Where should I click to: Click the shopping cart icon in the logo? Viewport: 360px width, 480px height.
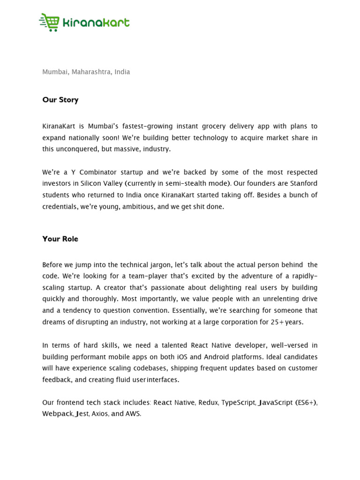point(50,22)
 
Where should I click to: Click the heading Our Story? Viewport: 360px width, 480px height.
point(60,99)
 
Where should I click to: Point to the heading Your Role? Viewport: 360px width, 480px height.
point(60,239)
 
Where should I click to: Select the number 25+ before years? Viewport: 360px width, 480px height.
point(278,322)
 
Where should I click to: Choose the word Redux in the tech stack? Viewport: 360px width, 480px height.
point(208,402)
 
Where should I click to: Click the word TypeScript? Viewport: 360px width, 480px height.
point(239,402)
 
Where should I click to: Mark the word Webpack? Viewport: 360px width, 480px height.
point(58,413)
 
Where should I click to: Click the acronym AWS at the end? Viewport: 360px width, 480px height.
point(133,413)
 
